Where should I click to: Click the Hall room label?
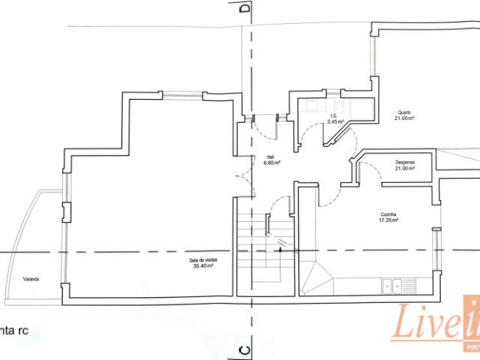[269, 157]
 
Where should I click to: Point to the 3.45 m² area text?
[335, 121]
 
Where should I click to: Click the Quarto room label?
[404, 112]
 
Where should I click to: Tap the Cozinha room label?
[388, 214]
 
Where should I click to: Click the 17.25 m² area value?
[388, 220]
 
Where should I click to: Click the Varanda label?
[30, 279]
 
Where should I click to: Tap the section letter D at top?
[243, 9]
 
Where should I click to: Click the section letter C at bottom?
[243, 349]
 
